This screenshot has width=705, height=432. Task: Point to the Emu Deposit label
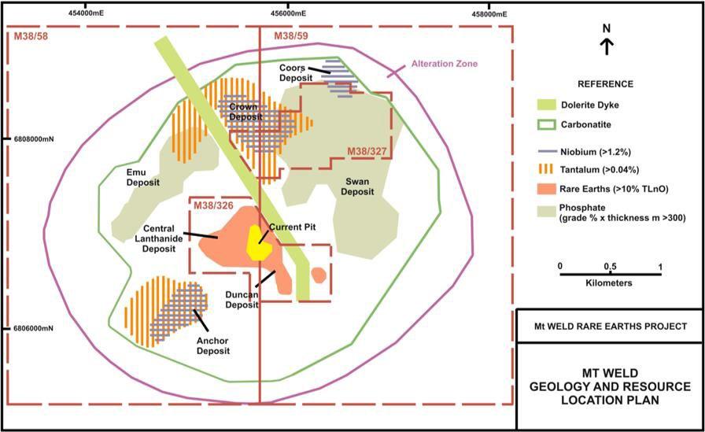click(142, 177)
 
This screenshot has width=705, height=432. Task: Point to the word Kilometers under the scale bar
click(611, 281)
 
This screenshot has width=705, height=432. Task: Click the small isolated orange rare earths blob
click(318, 275)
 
